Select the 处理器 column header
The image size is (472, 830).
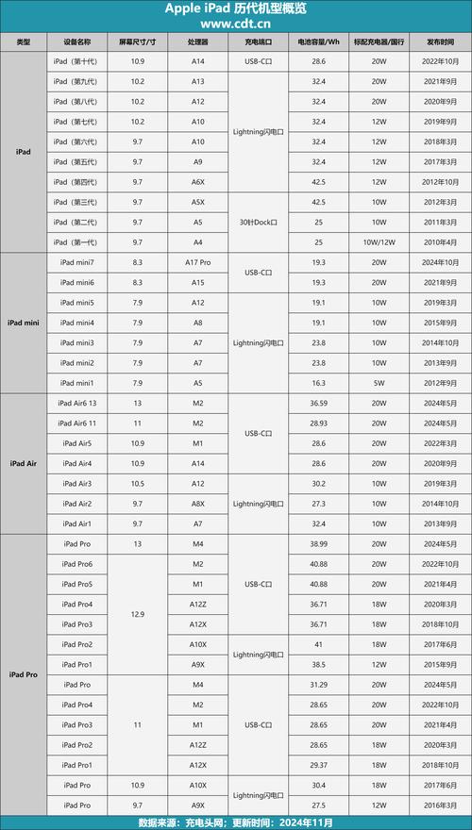pyautogui.click(x=198, y=42)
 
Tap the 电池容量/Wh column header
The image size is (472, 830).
pyautogui.click(x=318, y=42)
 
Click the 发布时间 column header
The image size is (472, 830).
pyautogui.click(x=440, y=42)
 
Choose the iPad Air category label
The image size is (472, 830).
pyautogui.click(x=24, y=463)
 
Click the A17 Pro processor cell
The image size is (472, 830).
pyautogui.click(x=198, y=262)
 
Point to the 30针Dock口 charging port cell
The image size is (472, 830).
pyautogui.click(x=258, y=222)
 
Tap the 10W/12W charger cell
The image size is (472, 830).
pyautogui.click(x=379, y=242)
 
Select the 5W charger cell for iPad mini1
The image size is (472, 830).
pyautogui.click(x=379, y=383)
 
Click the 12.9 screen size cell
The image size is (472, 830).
pyautogui.click(x=138, y=614)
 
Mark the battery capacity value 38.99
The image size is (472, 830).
pyautogui.click(x=318, y=544)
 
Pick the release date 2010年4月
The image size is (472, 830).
pyautogui.click(x=440, y=242)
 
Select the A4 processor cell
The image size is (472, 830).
pyautogui.click(x=198, y=242)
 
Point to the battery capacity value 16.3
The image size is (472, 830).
pyautogui.click(x=318, y=383)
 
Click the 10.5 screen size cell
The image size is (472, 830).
pyautogui.click(x=138, y=484)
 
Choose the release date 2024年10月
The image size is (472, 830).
pyautogui.click(x=440, y=262)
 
